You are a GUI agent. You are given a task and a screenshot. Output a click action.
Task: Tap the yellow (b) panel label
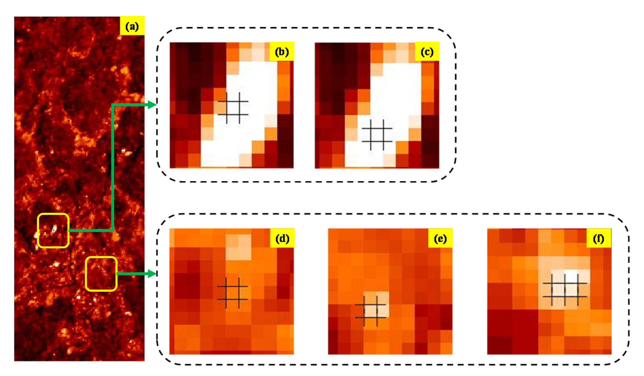click(x=282, y=51)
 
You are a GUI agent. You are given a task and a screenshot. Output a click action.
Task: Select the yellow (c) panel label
click(x=427, y=51)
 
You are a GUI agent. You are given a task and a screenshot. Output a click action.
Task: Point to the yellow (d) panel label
click(x=282, y=238)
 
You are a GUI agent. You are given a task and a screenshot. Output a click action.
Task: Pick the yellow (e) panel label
click(x=440, y=238)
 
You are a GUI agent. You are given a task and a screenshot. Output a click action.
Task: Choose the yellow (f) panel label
click(x=598, y=238)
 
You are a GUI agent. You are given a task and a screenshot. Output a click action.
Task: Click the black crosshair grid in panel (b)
click(x=233, y=108)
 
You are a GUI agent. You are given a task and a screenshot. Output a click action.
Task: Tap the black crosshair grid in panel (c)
click(x=377, y=135)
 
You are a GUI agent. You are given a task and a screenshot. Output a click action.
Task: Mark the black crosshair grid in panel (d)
click(x=232, y=293)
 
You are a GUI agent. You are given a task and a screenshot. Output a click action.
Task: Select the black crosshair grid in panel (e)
click(x=370, y=311)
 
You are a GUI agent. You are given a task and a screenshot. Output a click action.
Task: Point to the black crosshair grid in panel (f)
click(x=565, y=290)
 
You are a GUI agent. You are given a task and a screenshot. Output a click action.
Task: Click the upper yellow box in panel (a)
click(x=53, y=230)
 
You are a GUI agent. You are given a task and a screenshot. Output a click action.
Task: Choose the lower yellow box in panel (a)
click(x=101, y=274)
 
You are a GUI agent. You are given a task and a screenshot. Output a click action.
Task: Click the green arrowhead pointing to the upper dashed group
click(x=152, y=105)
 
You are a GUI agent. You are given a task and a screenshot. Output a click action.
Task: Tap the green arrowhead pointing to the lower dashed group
click(x=152, y=274)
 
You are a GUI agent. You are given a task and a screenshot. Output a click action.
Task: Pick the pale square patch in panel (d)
click(x=238, y=247)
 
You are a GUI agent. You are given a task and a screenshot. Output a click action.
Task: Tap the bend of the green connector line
click(x=113, y=230)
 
